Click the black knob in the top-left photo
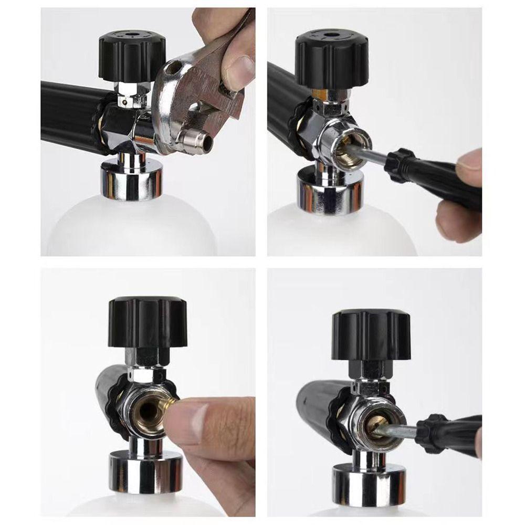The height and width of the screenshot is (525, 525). [x=132, y=55]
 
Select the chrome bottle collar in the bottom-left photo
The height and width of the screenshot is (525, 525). [x=146, y=475]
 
